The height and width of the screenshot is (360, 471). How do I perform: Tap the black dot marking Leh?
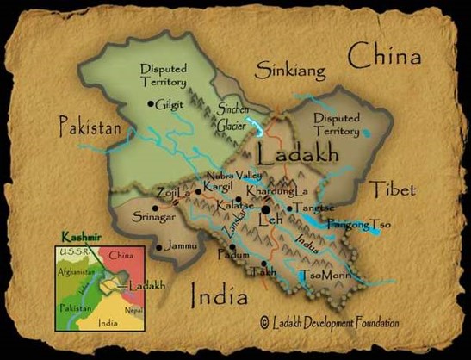coord(267,209)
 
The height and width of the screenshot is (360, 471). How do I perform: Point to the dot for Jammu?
coord(158,247)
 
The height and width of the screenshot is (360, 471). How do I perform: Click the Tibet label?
coord(392,189)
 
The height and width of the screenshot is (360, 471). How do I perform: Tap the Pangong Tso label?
coord(361,225)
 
